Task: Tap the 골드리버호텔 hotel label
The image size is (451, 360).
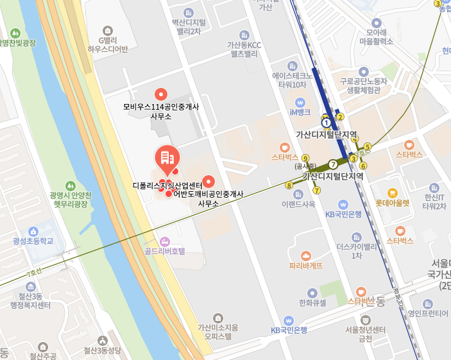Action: (165, 251)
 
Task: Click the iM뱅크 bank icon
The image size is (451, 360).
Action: (300, 102)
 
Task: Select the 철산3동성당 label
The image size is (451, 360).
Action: (102, 350)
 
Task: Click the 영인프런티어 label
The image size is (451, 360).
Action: (428, 313)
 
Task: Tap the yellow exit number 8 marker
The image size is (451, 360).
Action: (289, 185)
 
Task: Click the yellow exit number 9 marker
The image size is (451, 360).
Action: (305, 158)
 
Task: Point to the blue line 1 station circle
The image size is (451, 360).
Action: (326, 122)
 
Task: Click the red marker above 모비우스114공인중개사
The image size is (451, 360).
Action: (161, 93)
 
